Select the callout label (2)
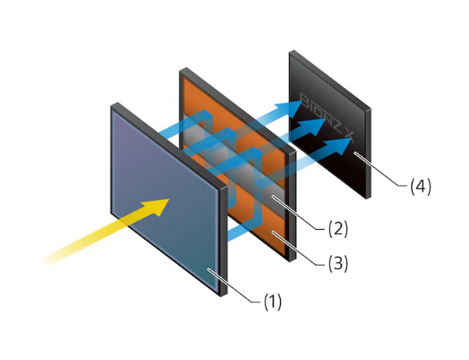(338, 229)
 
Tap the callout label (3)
(338, 264)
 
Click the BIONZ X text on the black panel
(327, 118)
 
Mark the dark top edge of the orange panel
(238, 110)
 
